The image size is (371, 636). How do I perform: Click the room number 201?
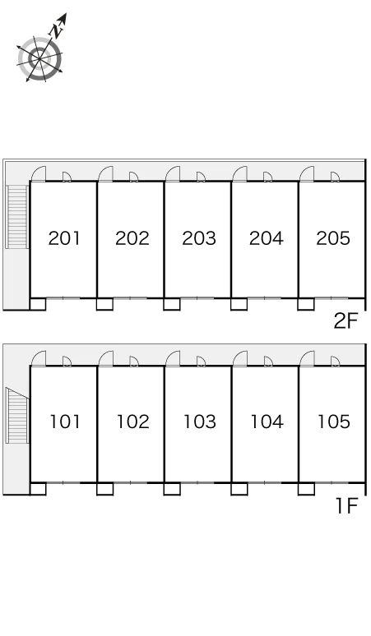64,238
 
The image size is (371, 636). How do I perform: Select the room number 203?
198,238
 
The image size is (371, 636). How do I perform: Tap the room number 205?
333,238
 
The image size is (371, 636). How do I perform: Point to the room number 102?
132,422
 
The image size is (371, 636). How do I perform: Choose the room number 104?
267,422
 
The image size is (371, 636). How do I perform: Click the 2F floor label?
345,321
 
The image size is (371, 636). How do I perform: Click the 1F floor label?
346,506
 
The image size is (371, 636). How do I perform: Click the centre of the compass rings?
39,59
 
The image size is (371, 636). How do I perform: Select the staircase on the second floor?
17,217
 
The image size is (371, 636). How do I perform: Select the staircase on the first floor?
17,415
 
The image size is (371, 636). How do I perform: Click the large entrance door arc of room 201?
37,173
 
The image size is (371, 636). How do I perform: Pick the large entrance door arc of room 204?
239,173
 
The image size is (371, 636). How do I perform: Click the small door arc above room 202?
134,177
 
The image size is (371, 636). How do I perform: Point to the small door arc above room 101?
67,361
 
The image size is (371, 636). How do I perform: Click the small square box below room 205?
306,304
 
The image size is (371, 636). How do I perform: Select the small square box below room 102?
104,489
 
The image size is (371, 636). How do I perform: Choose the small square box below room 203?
172,304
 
